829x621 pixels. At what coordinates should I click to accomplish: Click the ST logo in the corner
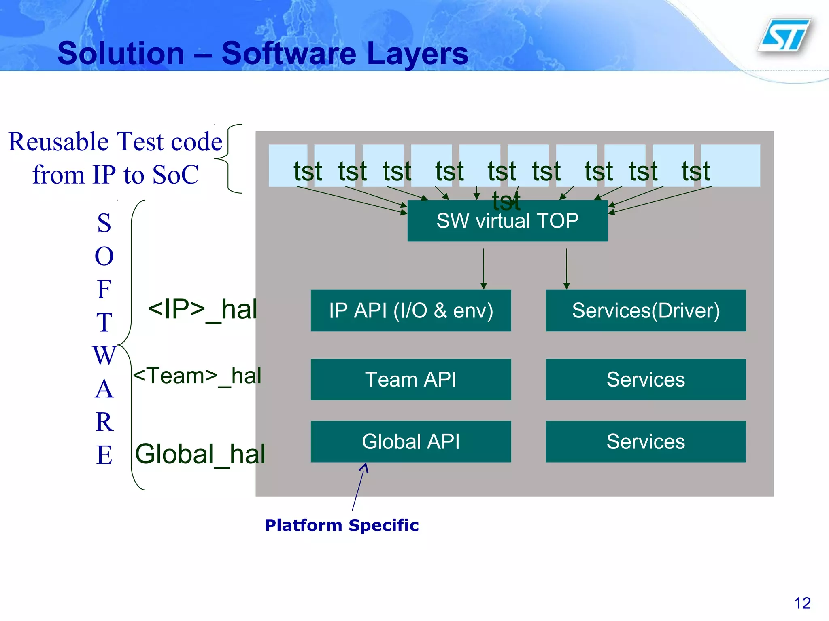pyautogui.click(x=784, y=36)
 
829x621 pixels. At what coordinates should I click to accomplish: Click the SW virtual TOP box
pyautogui.click(x=507, y=221)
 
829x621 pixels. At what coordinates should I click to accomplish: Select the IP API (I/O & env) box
pyautogui.click(x=410, y=310)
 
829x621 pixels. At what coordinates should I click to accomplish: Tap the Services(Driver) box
pyautogui.click(x=645, y=310)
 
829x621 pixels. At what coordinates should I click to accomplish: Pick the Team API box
pyautogui.click(x=410, y=379)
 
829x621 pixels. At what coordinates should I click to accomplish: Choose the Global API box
pyautogui.click(x=410, y=441)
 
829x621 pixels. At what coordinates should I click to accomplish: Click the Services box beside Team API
pyautogui.click(x=645, y=379)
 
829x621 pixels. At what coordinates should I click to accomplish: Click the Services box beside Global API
pyautogui.click(x=645, y=441)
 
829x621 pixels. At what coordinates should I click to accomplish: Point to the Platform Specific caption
pyautogui.click(x=342, y=525)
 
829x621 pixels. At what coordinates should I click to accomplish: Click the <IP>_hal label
pyautogui.click(x=202, y=310)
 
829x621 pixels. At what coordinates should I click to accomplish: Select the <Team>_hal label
pyautogui.click(x=197, y=376)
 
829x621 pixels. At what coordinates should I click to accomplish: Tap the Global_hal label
pyautogui.click(x=200, y=454)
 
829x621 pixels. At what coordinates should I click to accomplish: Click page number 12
pyautogui.click(x=802, y=603)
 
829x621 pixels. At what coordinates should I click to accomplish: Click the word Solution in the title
pyautogui.click(x=121, y=53)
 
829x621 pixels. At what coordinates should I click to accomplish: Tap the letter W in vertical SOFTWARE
pyautogui.click(x=104, y=355)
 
